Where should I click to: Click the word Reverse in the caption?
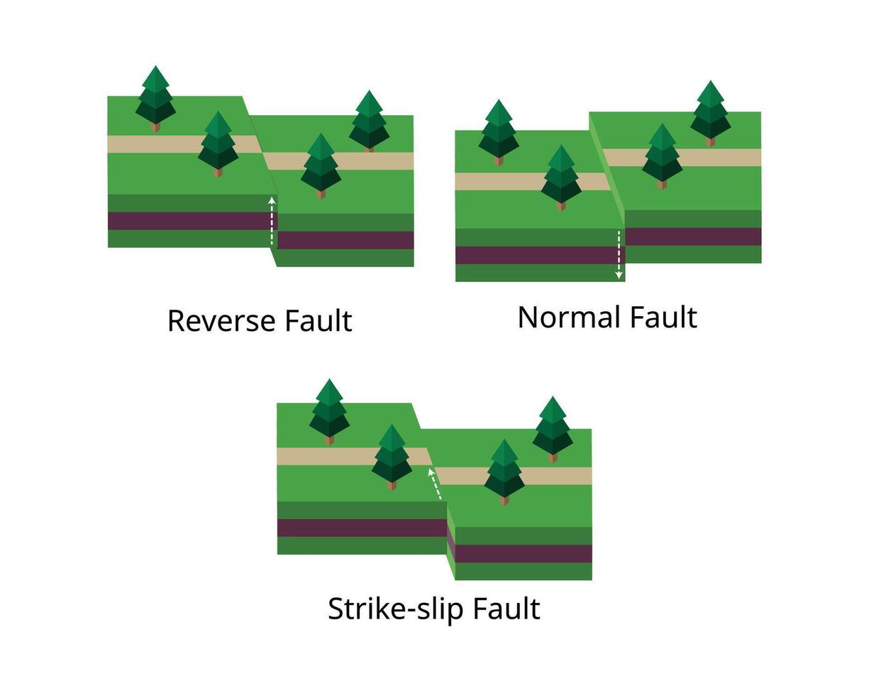click(222, 320)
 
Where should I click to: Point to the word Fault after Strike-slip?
click(507, 609)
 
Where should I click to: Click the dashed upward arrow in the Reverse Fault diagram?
click(272, 221)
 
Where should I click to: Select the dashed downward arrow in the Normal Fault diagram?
click(619, 254)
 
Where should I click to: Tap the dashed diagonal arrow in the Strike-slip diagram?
click(435, 483)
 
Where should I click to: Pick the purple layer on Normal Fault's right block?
click(692, 236)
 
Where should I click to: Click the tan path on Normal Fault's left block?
click(497, 182)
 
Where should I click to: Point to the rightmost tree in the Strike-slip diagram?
click(552, 426)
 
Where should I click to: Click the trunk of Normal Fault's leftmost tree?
click(499, 161)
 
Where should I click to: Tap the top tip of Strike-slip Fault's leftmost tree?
click(329, 379)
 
